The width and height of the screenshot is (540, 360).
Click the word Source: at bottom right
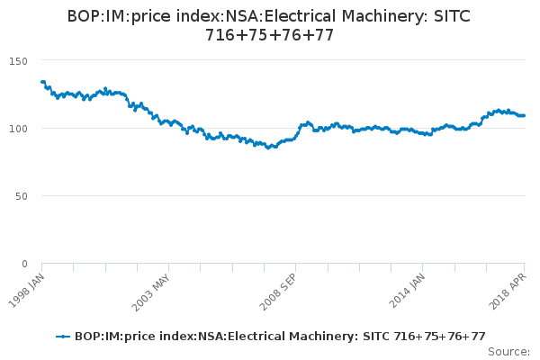click(508, 351)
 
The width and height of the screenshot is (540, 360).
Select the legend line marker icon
click(63, 337)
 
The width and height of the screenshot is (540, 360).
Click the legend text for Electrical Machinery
click(280, 337)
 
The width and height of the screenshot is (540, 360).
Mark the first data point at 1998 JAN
click(42, 82)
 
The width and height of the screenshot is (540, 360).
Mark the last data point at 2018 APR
click(525, 115)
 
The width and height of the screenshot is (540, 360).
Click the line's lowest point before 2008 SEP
click(267, 148)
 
